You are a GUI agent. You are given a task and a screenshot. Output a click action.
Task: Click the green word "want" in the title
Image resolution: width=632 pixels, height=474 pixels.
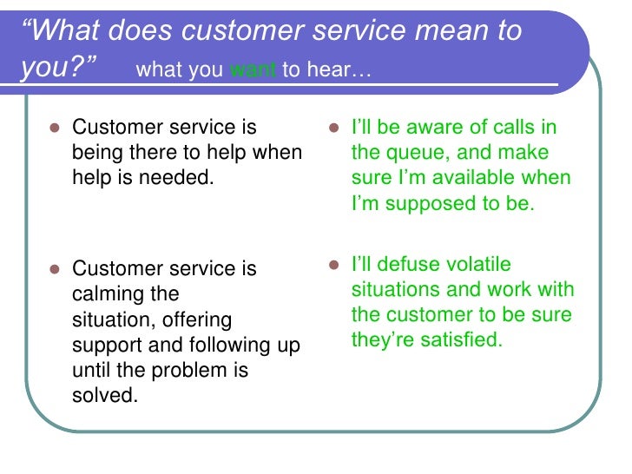(x=253, y=70)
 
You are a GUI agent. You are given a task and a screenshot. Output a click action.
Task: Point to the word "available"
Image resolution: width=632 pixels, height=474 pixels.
(x=480, y=179)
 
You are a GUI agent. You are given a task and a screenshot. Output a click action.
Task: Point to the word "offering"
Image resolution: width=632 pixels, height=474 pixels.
(x=195, y=319)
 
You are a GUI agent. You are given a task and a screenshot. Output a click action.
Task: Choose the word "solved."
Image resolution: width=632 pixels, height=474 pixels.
(x=105, y=397)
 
